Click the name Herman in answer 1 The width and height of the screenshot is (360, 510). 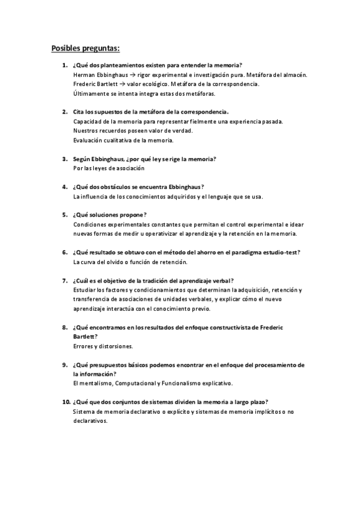(83, 75)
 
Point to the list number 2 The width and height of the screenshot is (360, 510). (64, 112)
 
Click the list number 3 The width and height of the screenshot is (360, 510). (64, 159)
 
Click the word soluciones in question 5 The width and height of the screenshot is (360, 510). (111, 215)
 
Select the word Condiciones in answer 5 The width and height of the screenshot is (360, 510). (90, 224)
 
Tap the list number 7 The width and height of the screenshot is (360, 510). (64, 281)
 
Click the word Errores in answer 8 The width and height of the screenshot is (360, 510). (84, 346)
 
